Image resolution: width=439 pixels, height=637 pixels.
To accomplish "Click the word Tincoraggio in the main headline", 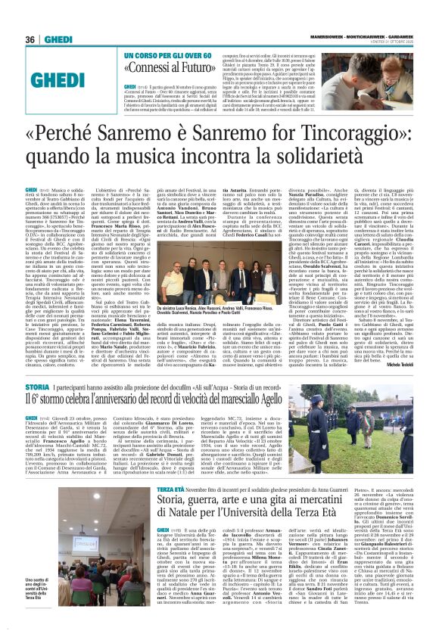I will pyautogui.click(x=334, y=147).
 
